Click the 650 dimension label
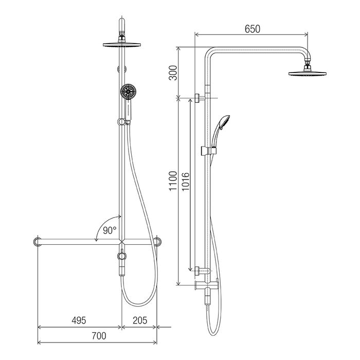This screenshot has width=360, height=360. tap(253, 29)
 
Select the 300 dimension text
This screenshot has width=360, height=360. tap(173, 73)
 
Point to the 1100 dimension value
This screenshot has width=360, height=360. tap(173, 181)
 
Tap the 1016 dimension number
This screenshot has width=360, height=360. tap(186, 182)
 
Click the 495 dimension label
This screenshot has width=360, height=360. tap(79, 320)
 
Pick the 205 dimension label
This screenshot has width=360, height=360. tap(140, 320)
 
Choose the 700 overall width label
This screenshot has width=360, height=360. tap(99, 336)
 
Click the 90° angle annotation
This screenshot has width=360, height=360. tap(110, 230)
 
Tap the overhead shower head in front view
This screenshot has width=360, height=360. tap(122, 44)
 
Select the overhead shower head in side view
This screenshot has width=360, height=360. tap(307, 74)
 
